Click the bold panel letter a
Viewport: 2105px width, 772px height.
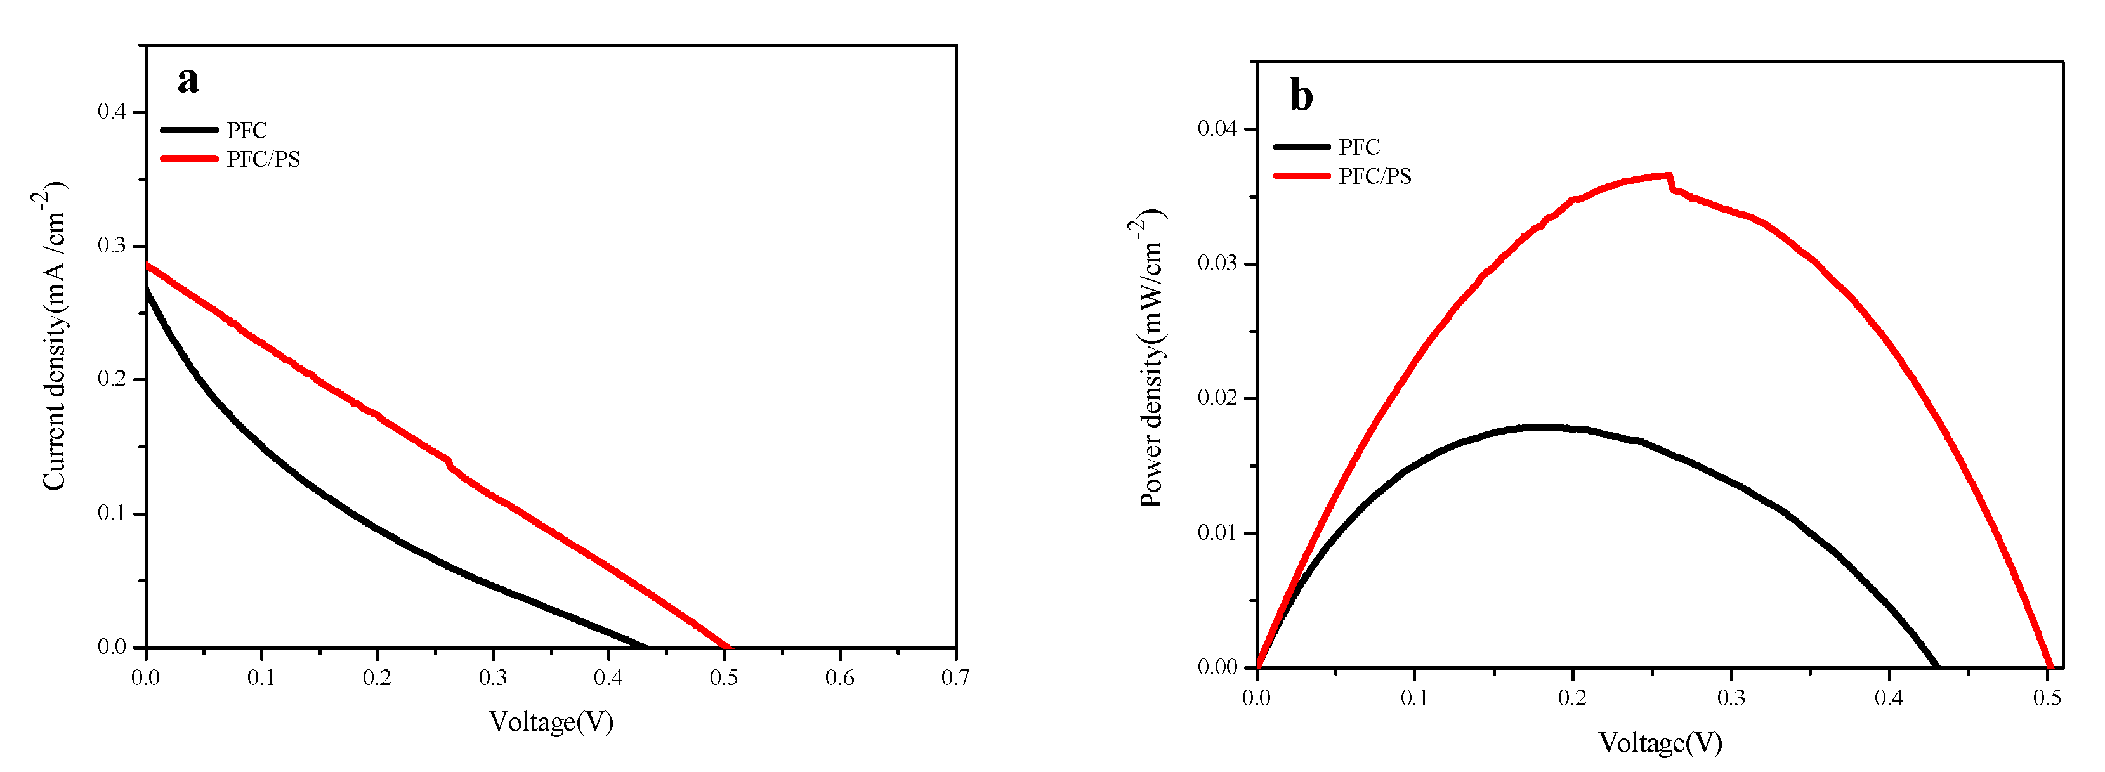pos(188,80)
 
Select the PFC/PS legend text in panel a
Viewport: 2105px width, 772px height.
pos(263,159)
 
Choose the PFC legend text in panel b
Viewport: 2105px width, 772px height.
pos(1358,147)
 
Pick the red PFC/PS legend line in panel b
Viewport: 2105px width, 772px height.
pos(1301,176)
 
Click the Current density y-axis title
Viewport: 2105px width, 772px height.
pos(54,337)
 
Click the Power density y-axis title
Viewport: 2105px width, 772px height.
pos(1151,360)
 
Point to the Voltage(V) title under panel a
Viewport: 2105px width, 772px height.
pos(551,722)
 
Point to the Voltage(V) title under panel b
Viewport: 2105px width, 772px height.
pos(1660,743)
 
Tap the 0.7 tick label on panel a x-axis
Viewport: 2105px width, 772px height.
pos(954,678)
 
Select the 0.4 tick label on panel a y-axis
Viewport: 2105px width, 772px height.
pos(112,111)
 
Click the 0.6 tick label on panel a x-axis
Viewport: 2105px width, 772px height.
pos(839,678)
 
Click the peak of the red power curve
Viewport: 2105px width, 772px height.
pos(1667,175)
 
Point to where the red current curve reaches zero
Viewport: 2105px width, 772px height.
pos(727,647)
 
